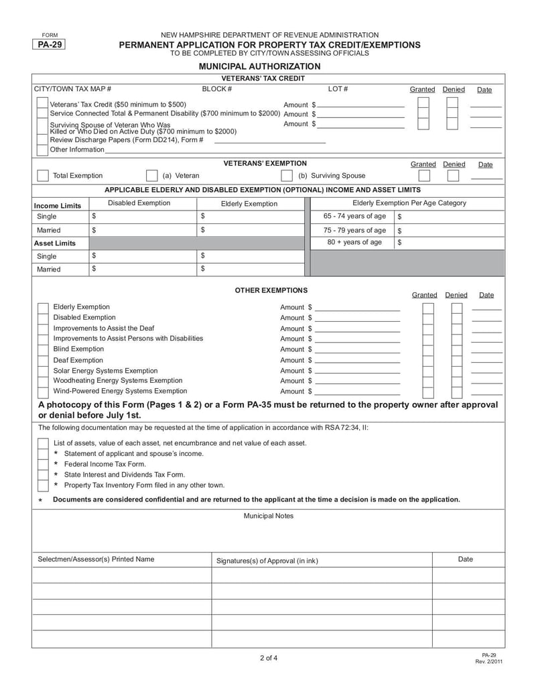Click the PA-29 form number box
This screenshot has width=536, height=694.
click(50, 45)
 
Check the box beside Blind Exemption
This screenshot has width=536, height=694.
click(43, 349)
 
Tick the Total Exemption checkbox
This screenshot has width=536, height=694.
click(43, 176)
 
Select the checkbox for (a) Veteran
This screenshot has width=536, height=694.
click(151, 176)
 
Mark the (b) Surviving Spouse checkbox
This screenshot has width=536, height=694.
click(287, 176)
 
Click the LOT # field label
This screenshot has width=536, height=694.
click(338, 89)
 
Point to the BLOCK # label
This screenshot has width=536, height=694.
click(217, 89)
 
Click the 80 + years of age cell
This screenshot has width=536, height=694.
click(354, 242)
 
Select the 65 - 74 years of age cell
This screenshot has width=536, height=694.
click(354, 216)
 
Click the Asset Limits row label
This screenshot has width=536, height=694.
click(56, 243)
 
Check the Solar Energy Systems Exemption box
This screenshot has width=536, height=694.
click(43, 371)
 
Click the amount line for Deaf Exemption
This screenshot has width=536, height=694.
click(357, 361)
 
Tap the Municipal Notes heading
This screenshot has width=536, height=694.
click(268, 516)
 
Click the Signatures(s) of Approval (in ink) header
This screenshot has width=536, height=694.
click(267, 561)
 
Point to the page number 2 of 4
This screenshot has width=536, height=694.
click(268, 658)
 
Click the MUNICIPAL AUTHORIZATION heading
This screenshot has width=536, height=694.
click(259, 66)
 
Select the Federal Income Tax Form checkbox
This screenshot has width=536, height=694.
click(43, 464)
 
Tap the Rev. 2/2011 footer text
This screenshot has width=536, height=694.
click(488, 662)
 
